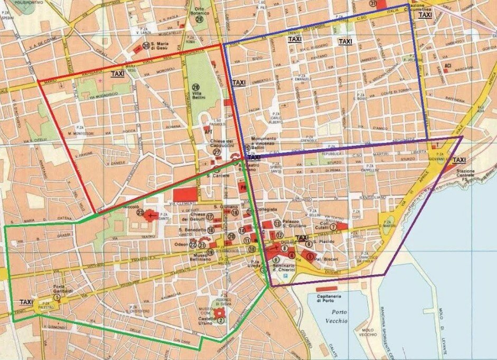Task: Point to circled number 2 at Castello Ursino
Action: tap(221, 320)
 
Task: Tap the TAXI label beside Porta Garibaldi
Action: tap(26, 302)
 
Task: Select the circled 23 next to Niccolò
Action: tap(140, 213)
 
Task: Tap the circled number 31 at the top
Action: tap(373, 4)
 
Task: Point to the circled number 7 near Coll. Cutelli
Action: tap(333, 227)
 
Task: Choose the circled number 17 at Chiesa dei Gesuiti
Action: tap(210, 216)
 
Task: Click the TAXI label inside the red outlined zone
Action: tap(118, 74)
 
